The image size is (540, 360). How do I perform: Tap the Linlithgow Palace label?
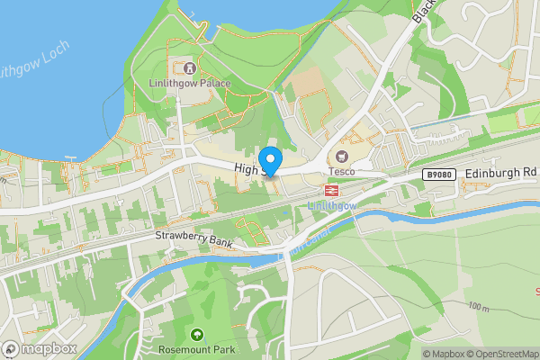pos(190,84)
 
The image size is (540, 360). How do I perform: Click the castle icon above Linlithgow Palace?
pos(190,68)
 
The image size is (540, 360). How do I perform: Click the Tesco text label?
pos(341,172)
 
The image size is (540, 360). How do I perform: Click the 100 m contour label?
pos(480,307)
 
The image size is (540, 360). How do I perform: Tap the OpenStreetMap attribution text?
pos(500,354)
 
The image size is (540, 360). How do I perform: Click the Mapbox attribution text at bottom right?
pos(442,354)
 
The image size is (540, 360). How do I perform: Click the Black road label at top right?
pos(423,11)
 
